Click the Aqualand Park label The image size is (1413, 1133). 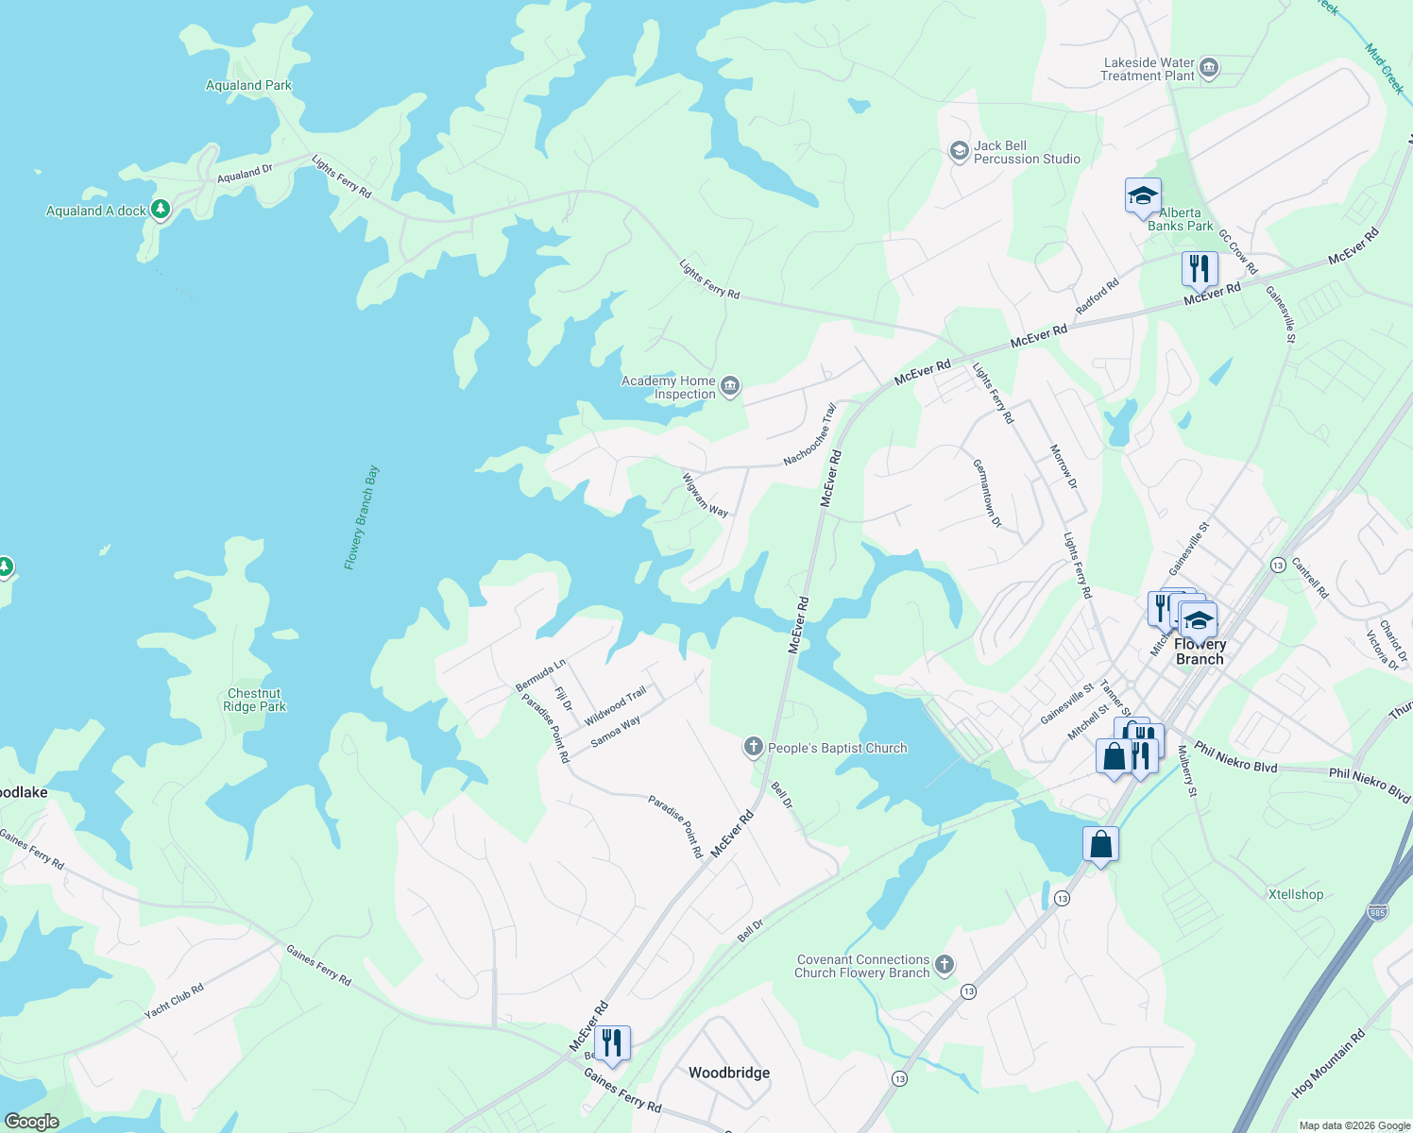click(x=248, y=85)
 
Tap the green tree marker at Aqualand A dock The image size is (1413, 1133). click(x=161, y=209)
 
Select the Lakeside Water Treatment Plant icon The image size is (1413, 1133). click(x=1209, y=69)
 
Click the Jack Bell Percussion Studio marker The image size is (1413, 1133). click(x=959, y=152)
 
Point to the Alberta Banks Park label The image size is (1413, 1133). click(x=1180, y=219)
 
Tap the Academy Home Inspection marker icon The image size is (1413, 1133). click(x=729, y=386)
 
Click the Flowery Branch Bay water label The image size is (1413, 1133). click(x=361, y=516)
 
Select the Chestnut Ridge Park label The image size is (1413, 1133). click(x=254, y=700)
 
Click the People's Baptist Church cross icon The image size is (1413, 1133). click(x=753, y=748)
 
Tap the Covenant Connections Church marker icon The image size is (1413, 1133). click(x=944, y=965)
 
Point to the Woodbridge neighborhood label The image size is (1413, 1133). click(x=728, y=1073)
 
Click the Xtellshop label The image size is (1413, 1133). click(x=1295, y=894)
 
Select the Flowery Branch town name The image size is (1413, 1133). click(x=1200, y=651)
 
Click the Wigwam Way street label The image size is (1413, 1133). click(x=705, y=496)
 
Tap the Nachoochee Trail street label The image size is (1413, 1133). click(x=810, y=435)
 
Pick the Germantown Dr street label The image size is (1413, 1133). click(x=987, y=493)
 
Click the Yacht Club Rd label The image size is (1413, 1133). click(x=174, y=1002)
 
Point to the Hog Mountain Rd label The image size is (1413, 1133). click(x=1328, y=1063)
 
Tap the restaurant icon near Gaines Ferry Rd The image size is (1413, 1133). click(x=612, y=1043)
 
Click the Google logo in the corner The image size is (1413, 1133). click(x=31, y=1122)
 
